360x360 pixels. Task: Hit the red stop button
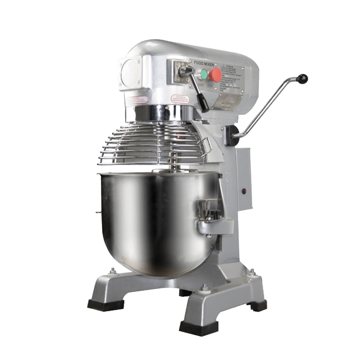click(216, 74)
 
